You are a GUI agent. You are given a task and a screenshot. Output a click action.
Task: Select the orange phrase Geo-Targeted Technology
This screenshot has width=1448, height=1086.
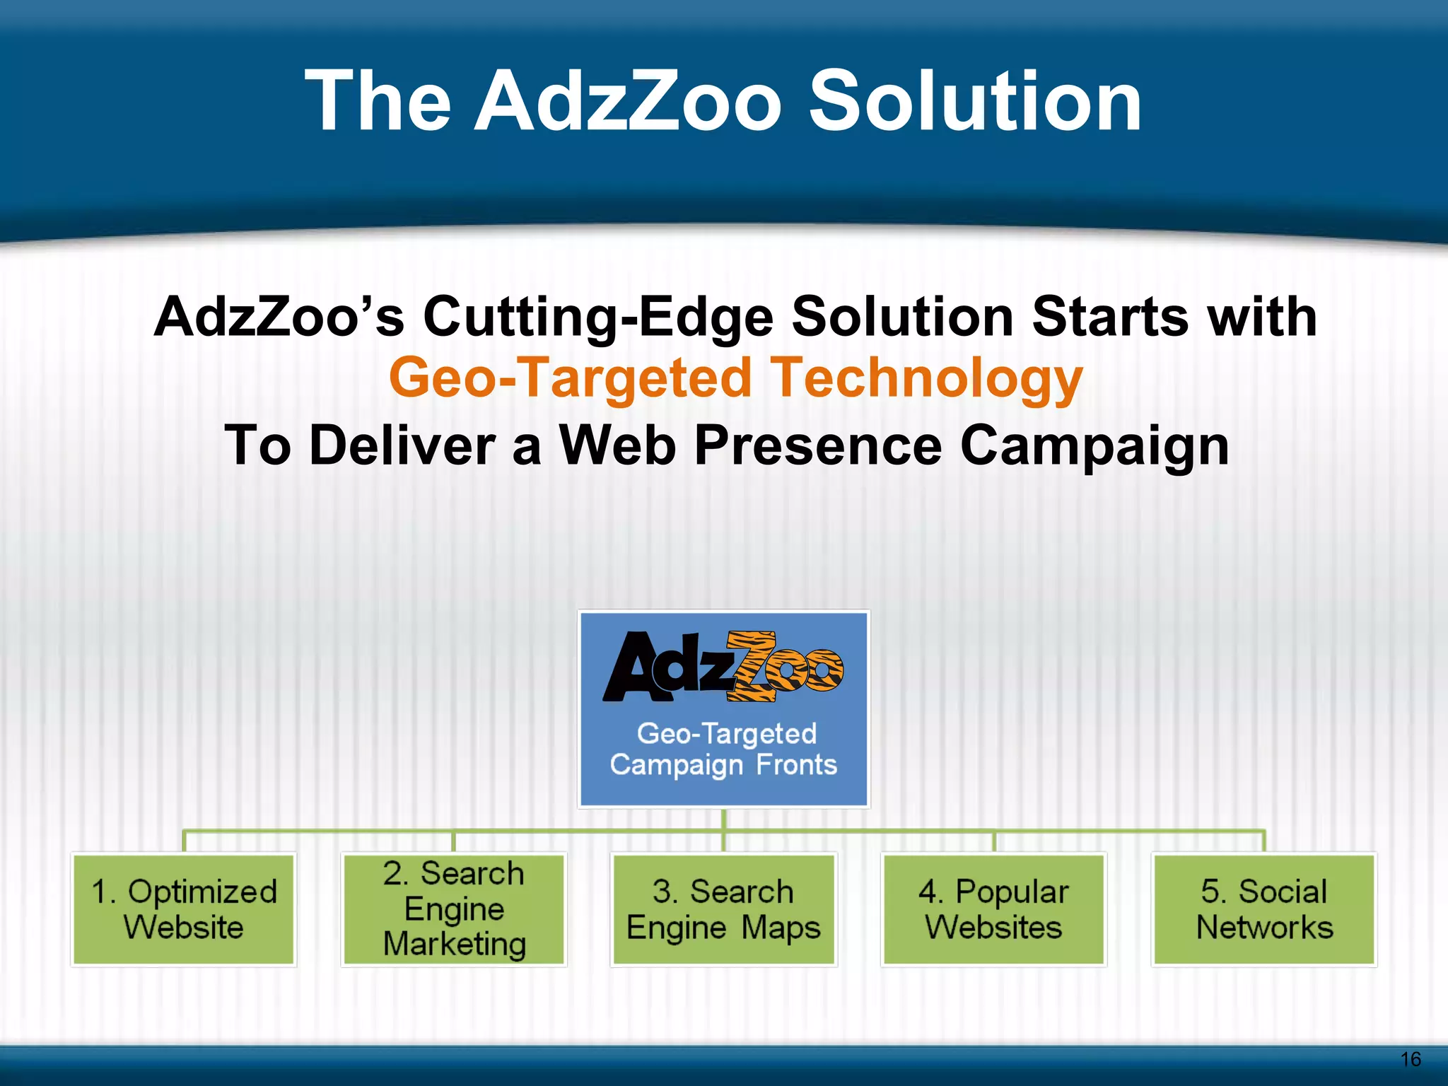pos(735,378)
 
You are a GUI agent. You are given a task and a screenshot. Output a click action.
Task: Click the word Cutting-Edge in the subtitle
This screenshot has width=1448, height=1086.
pos(598,316)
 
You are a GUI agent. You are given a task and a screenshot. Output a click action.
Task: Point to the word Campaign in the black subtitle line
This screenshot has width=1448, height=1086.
pos(1094,445)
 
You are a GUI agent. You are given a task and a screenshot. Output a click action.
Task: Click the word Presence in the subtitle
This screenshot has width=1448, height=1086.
pos(819,445)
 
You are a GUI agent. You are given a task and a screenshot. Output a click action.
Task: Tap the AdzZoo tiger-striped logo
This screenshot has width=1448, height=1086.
pos(723,666)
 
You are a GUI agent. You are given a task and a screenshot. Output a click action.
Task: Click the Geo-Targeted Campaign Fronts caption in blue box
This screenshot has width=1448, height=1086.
pos(724,749)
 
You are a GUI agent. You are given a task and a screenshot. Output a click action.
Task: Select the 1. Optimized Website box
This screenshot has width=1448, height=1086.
pos(184,909)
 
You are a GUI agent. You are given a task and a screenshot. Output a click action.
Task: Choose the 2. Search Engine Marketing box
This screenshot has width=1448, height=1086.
pos(454,909)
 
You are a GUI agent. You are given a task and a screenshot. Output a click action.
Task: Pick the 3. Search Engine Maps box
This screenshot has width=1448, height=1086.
pos(723,909)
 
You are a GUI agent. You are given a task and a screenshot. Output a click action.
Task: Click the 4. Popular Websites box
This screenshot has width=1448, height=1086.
pos(993,909)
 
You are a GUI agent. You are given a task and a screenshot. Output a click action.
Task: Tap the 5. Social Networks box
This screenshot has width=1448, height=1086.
pos(1264,909)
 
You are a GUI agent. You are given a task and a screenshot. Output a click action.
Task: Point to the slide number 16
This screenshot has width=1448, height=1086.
pos(1411,1059)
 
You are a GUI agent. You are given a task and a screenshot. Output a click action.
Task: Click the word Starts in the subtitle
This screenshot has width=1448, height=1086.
pos(1111,316)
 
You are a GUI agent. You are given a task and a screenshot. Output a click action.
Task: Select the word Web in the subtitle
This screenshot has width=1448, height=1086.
pos(617,445)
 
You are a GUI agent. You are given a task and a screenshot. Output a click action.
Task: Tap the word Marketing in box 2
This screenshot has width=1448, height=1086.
pos(455,945)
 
